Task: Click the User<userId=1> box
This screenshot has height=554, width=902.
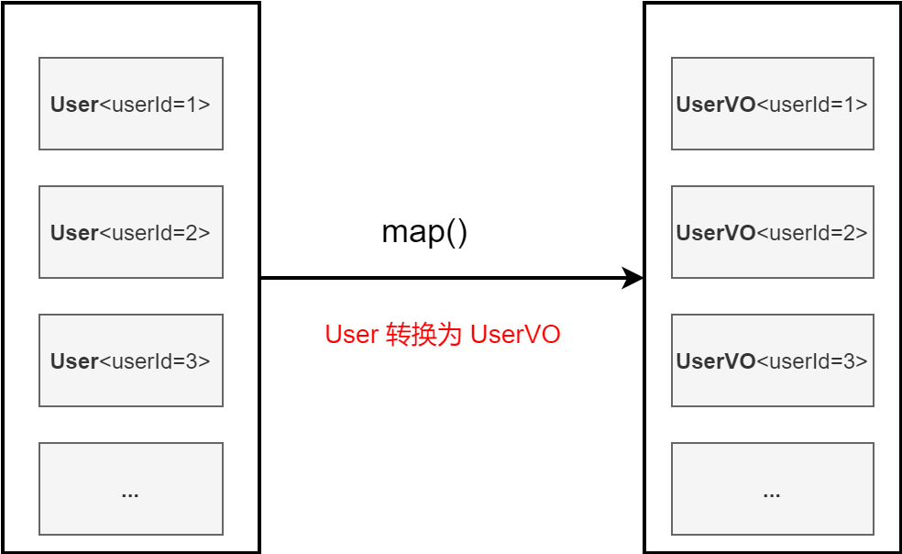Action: tap(130, 104)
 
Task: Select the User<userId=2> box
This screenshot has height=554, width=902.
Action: tap(130, 232)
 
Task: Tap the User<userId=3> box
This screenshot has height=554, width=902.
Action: tap(130, 360)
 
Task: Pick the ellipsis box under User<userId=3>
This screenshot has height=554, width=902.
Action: tap(130, 489)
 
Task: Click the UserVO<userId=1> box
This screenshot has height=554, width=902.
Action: tap(772, 104)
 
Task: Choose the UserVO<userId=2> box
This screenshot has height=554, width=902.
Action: tap(772, 232)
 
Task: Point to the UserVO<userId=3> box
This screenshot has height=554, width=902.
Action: tap(772, 360)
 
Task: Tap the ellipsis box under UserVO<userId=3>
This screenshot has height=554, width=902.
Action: tap(772, 489)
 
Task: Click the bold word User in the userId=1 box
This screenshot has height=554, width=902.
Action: tap(74, 105)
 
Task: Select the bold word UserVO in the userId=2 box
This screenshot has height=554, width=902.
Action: tap(715, 233)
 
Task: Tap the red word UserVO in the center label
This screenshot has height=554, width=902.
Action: tap(515, 335)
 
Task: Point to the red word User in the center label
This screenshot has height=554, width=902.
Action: tap(351, 335)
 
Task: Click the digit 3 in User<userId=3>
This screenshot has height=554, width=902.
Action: tap(192, 361)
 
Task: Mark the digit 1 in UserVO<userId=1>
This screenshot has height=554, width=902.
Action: tap(849, 105)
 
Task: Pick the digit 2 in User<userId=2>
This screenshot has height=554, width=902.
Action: tap(192, 233)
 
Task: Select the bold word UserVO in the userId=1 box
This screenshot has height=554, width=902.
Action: tap(715, 105)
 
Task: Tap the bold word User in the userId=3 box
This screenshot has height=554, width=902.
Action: tap(74, 361)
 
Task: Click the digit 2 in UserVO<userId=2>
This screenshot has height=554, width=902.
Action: tap(849, 233)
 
